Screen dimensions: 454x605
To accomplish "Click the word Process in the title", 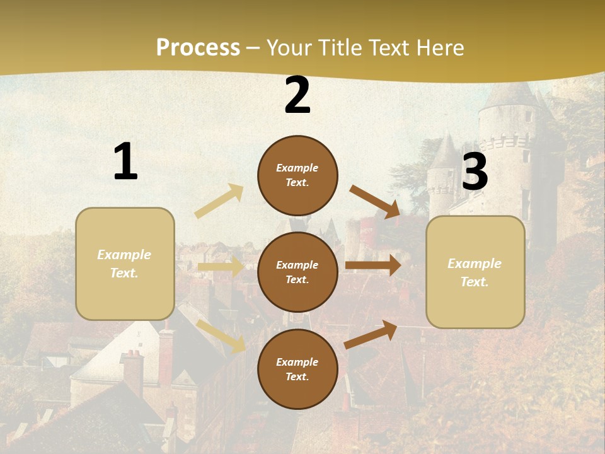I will (198, 47).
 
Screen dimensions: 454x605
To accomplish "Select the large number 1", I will (125, 162).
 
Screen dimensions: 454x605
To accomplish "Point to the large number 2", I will (297, 96).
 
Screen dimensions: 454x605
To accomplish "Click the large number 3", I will (475, 172).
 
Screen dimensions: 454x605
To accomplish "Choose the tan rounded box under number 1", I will (125, 264).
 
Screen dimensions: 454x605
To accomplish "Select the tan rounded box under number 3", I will (475, 272).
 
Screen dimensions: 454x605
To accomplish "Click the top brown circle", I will (297, 175).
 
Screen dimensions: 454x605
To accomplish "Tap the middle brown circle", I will (297, 272).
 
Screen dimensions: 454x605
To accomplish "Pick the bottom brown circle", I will (297, 369).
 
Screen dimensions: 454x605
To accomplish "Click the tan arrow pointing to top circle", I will (219, 201).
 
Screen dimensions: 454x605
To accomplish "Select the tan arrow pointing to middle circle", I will (221, 267).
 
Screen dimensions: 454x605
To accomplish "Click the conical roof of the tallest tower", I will (509, 95).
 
